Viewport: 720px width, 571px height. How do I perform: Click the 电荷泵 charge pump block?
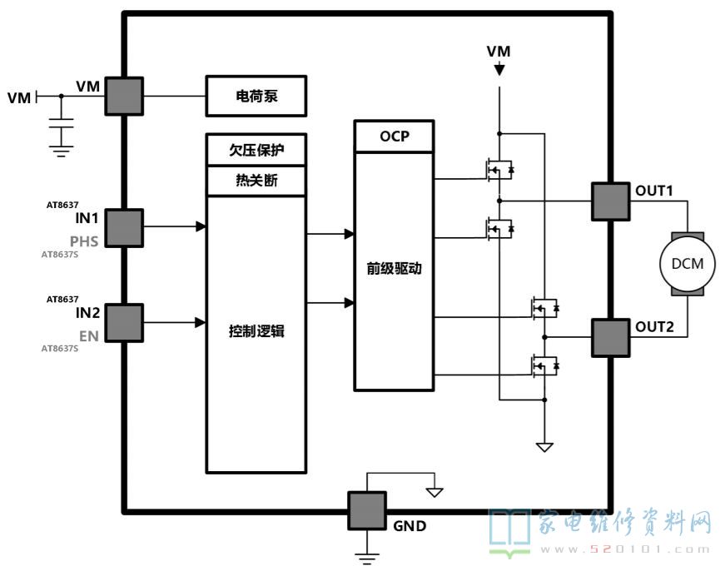[256, 96]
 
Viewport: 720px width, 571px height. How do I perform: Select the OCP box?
[394, 137]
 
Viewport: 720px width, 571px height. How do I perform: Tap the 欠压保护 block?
[256, 150]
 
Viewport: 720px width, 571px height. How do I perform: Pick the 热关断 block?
[256, 181]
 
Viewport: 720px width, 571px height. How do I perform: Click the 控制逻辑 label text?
[256, 331]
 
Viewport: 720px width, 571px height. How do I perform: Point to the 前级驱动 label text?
[394, 269]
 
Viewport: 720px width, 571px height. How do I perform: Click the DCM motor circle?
[688, 264]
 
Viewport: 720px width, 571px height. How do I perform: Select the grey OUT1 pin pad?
[610, 201]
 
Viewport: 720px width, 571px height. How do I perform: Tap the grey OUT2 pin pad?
[610, 338]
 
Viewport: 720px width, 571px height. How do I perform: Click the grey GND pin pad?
[367, 510]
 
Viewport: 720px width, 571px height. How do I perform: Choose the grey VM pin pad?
[124, 96]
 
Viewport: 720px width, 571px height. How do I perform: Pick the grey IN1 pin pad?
[124, 228]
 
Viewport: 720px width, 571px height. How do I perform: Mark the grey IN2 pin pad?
[124, 323]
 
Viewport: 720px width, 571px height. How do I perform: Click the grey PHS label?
[84, 241]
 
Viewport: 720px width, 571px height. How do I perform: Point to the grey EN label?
[89, 336]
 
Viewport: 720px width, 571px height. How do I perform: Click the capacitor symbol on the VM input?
[61, 123]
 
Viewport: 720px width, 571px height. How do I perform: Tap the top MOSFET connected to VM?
[499, 170]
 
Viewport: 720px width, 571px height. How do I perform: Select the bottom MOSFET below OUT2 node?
[544, 366]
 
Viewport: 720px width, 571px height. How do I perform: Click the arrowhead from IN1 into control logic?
[201, 226]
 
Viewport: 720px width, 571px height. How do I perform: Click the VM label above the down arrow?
[499, 52]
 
